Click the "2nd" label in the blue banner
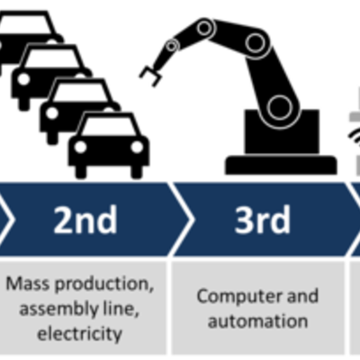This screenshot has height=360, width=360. pos(85,220)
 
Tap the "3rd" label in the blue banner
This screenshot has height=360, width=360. pos(262,220)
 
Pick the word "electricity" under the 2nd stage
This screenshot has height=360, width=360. pos(79,334)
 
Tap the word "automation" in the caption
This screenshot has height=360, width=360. pos(257,320)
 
